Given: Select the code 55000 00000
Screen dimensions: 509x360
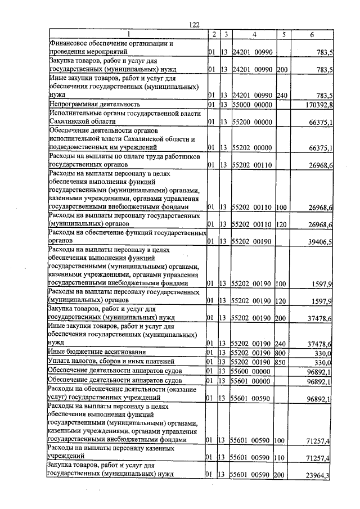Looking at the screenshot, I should pyautogui.click(x=253, y=105).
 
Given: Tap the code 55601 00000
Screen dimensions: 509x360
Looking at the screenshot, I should pyautogui.click(x=253, y=381).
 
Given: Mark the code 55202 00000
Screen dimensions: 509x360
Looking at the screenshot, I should pyautogui.click(x=253, y=148).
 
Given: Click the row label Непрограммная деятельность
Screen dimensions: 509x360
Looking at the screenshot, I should pyautogui.click(x=94, y=105).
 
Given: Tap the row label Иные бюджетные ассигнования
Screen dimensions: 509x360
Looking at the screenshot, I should pyautogui.click(x=97, y=352).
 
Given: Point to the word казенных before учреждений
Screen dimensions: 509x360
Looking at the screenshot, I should pyautogui.click(x=182, y=448).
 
